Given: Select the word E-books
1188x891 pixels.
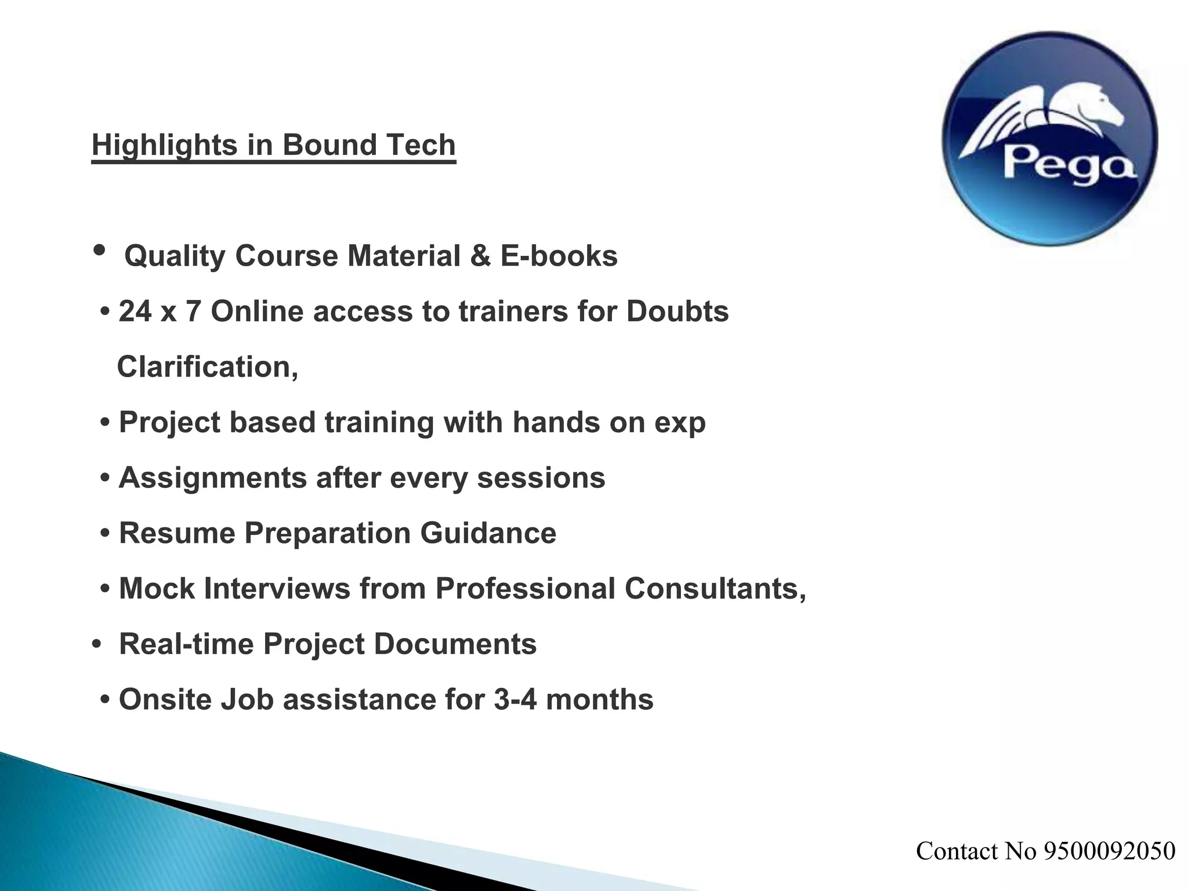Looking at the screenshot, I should click(559, 256).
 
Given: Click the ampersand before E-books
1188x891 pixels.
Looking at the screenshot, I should click(480, 256).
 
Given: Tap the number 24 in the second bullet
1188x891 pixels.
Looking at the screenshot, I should click(135, 312).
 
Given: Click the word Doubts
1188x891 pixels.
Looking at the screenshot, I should click(677, 312).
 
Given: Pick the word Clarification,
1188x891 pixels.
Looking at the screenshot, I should click(208, 367).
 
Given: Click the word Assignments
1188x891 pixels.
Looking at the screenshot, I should click(213, 478).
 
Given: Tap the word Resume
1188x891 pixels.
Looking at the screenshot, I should click(177, 533).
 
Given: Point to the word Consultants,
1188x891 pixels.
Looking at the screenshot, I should click(715, 589).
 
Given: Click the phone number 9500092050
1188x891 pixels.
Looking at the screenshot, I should click(1109, 851).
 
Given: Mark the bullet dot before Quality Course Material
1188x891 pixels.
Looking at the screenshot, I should click(99, 251).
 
